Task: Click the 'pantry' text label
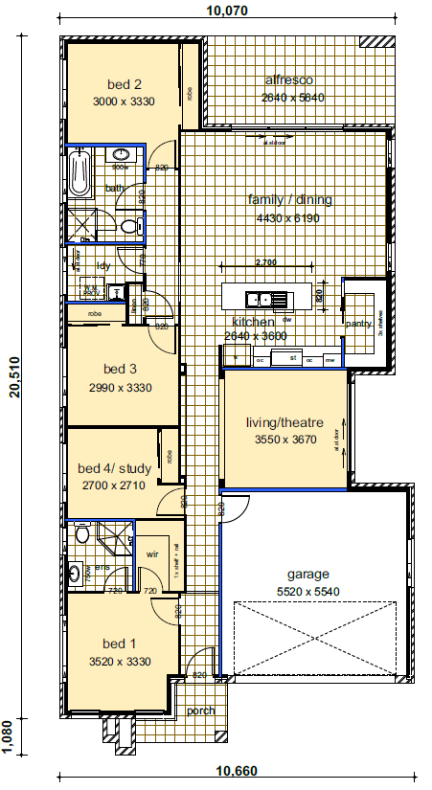coord(358,324)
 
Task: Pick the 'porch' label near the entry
coord(200,711)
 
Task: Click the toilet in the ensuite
coord(81,533)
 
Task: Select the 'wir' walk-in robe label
coord(150,553)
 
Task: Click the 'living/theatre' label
coord(284,422)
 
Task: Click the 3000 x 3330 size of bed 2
coord(124,101)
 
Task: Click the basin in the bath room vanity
coord(121,155)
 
